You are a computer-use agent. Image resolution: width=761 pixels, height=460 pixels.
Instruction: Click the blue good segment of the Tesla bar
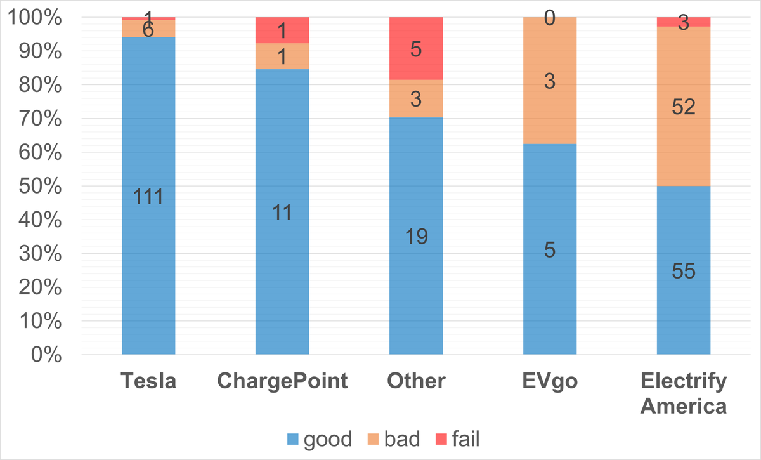coord(148,196)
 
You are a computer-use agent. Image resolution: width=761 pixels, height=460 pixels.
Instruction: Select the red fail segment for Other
coord(416,48)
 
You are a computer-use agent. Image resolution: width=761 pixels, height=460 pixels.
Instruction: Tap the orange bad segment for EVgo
coord(550,81)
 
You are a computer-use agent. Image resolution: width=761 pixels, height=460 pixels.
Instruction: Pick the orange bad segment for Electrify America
coord(684,106)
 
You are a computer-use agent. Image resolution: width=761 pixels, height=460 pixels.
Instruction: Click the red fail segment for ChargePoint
coord(282,30)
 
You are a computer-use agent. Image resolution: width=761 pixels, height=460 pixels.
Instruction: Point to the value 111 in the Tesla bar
coord(148,197)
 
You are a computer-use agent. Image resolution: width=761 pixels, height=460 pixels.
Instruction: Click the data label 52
coord(684,107)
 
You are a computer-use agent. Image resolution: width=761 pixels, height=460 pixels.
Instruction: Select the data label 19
coord(417,236)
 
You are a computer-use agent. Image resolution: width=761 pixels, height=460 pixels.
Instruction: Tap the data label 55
coord(684,271)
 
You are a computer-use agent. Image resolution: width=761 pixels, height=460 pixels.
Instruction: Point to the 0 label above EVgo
coord(550,18)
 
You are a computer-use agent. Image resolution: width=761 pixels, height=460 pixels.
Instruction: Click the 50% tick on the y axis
coord(40,186)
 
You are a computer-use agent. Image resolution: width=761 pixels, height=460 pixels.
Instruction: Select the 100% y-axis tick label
coord(35,17)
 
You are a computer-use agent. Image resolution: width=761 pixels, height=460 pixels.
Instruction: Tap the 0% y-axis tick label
coord(46,355)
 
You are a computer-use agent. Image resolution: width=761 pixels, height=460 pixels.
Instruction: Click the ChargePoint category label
coord(282,381)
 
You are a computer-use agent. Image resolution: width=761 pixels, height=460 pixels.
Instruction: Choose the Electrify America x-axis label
coord(684,393)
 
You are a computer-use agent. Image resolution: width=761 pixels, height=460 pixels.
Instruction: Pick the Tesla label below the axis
coord(148,381)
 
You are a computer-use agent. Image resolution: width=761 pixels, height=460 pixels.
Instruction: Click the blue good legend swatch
coord(292,439)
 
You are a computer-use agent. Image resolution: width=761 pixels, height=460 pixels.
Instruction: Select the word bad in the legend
coord(402,438)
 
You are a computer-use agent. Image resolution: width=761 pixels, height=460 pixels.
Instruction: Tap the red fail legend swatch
coord(441,439)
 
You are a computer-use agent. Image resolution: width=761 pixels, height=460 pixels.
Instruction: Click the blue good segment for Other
coord(416,236)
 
